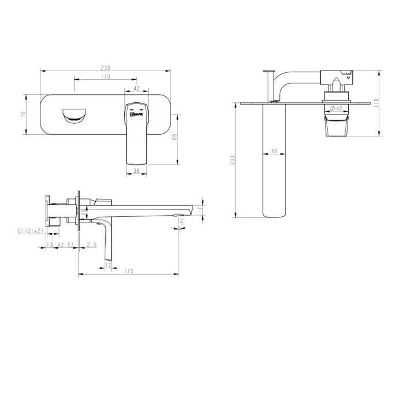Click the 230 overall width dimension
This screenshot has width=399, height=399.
105,68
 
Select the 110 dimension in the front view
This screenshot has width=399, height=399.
105,76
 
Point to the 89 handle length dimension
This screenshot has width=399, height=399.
175,138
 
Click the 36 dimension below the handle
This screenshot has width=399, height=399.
136,171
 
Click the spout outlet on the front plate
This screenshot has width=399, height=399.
73,114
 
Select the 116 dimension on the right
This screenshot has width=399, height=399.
376,103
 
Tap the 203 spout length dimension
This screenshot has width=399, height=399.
232,160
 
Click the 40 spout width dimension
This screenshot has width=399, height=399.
274,151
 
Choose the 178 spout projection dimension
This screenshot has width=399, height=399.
128,272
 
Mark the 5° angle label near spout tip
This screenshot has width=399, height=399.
181,220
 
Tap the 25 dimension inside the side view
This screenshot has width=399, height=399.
83,212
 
